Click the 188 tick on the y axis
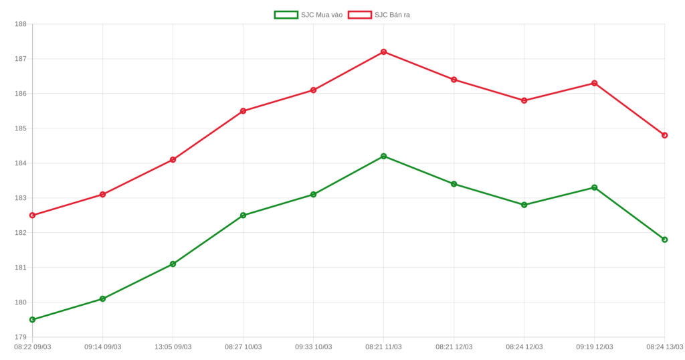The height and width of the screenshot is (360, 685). point(21,24)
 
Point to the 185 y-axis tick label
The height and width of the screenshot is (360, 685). point(21,128)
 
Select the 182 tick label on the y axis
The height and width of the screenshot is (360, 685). point(21,233)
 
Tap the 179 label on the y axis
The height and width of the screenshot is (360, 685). point(21,337)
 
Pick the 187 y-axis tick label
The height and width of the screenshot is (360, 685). point(21,59)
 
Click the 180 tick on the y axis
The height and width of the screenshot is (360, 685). point(21,302)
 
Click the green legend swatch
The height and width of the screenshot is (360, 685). point(286,14)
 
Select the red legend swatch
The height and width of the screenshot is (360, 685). point(359,14)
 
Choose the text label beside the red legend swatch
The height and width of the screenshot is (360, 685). point(393,14)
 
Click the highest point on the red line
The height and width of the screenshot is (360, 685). point(383,52)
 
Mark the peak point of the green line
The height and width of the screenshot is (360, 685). point(383,156)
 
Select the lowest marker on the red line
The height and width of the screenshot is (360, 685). point(32,215)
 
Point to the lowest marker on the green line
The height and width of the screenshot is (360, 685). point(32,320)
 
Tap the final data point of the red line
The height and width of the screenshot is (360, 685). point(664,135)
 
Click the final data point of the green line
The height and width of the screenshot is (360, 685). point(664,240)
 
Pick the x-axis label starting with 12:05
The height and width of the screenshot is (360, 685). point(173,347)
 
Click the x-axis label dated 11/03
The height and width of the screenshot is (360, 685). point(383,347)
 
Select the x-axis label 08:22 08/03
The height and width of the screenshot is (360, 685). point(33,347)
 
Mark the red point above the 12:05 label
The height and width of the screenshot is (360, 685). point(173,159)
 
